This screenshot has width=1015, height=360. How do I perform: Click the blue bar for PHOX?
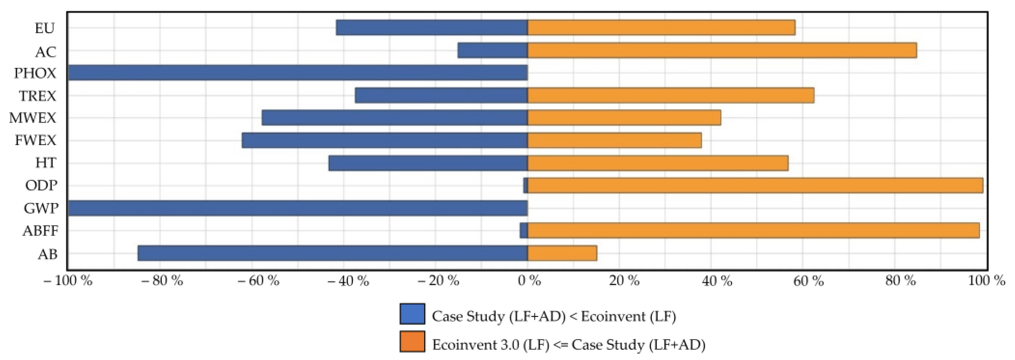[x=298, y=73]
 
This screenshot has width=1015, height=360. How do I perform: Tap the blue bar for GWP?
[x=298, y=208]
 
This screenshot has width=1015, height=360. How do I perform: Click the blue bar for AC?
[x=493, y=50]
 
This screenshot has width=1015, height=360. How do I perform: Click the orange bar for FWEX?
[x=614, y=141]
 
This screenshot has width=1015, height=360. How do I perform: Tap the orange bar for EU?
[x=661, y=28]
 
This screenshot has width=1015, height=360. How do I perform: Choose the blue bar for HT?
[x=428, y=163]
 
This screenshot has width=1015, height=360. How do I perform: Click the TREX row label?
[x=38, y=96]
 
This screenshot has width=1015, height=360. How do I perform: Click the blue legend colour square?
[x=412, y=314]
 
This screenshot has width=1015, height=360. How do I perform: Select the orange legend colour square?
[x=412, y=341]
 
